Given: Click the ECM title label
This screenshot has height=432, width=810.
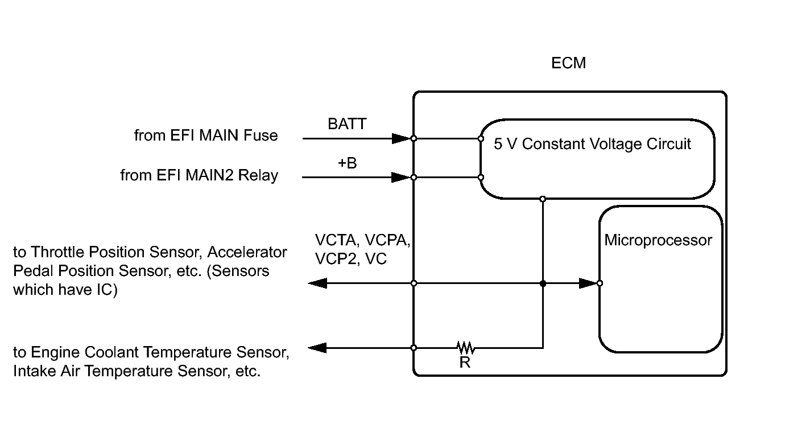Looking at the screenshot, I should point(568,63).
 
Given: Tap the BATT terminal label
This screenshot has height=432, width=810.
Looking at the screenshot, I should point(347,124).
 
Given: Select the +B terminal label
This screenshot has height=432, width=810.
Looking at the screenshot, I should point(347,163).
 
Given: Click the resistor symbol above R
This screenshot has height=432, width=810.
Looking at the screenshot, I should point(465,347).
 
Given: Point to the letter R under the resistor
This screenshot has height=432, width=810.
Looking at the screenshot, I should point(465,363).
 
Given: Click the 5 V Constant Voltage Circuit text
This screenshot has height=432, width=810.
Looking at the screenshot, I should point(592,144).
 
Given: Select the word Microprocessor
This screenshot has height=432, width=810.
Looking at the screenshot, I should point(658,240).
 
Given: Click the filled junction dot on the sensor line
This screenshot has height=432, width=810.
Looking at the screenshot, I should point(543,283).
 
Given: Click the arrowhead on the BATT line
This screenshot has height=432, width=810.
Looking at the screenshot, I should point(400,138).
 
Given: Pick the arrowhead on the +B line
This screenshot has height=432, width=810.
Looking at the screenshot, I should point(400,177).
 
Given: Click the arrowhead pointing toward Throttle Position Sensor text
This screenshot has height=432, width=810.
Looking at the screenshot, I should point(317,283).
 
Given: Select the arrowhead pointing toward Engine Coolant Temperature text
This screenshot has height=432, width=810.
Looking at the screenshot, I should point(317,347).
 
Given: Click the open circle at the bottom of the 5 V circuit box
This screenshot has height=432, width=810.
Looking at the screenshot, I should point(543,199).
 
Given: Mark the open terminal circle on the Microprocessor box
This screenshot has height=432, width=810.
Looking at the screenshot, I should point(600,283).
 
